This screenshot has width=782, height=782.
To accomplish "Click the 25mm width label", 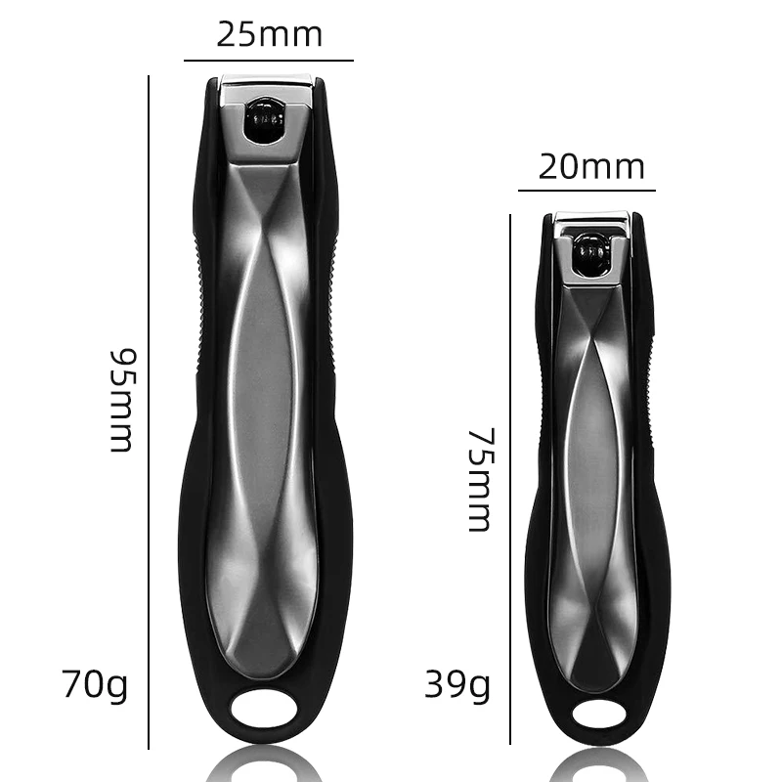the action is click(x=270, y=35).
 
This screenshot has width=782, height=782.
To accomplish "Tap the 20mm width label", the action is click(x=591, y=166).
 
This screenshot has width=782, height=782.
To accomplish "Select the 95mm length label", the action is click(x=123, y=401).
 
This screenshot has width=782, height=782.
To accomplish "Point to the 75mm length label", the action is click(x=481, y=480).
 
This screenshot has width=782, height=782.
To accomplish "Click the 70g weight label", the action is click(x=95, y=685).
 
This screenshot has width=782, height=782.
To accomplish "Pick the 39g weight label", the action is click(x=457, y=685).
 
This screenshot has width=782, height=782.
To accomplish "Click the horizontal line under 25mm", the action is click(x=269, y=61).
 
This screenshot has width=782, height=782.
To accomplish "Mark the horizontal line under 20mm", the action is click(x=586, y=190).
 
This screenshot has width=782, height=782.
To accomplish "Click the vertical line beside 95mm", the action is click(x=149, y=412).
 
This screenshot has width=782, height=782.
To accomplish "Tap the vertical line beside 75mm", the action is click(x=510, y=479).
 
